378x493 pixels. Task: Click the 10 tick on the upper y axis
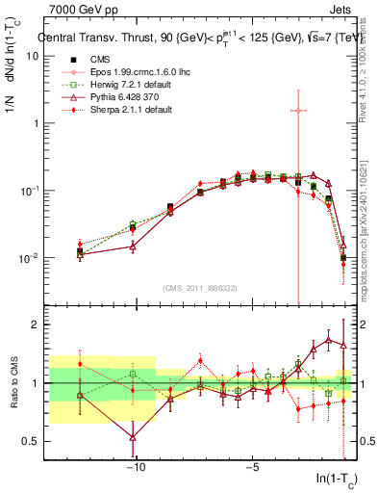(x=32, y=56)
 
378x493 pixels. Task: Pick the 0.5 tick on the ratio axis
(x=30, y=441)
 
